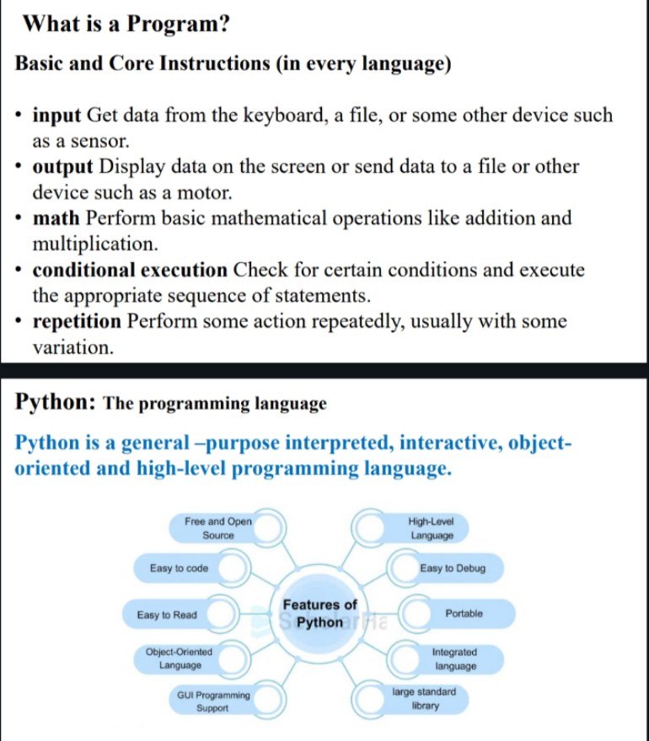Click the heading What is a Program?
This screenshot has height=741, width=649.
[x=126, y=24]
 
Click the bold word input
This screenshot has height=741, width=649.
[x=56, y=115]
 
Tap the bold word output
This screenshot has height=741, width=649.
[x=63, y=167]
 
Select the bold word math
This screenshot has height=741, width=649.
[x=56, y=217]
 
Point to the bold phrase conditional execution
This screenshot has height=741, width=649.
[x=130, y=270]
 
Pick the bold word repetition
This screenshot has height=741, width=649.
[x=77, y=321]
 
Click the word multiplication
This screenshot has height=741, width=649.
[x=95, y=244]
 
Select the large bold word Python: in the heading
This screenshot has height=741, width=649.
[x=56, y=402]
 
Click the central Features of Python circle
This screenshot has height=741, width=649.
[x=319, y=614]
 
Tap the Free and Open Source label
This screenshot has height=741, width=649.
[x=218, y=529]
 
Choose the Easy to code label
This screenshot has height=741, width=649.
[x=179, y=568]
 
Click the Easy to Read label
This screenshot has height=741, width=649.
[x=167, y=615]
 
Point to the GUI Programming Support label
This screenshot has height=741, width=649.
[x=213, y=701]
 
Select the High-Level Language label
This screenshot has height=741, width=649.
[x=432, y=529]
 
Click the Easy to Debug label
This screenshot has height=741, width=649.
[x=453, y=568]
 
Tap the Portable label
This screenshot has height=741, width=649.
[x=464, y=614]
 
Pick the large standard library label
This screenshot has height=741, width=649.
[x=424, y=699]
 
